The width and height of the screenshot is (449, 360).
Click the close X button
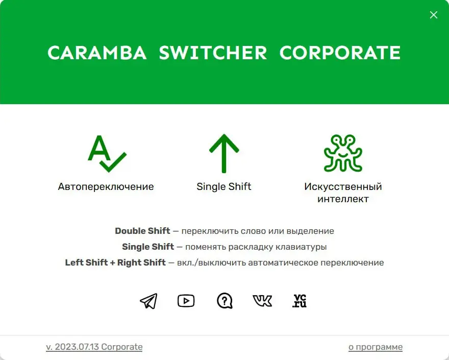click(x=434, y=15)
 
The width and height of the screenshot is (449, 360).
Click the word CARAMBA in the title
click(x=97, y=53)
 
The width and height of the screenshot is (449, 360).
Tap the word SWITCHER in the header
click(x=213, y=53)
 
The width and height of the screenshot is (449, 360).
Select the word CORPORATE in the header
click(x=340, y=53)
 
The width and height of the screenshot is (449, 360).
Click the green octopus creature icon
click(x=343, y=153)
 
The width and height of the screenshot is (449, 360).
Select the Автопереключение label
click(x=106, y=186)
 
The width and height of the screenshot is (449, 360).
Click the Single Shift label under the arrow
click(x=224, y=186)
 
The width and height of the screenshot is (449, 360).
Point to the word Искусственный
click(x=343, y=186)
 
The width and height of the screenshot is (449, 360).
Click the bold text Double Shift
click(x=142, y=231)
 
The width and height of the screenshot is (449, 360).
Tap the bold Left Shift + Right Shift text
click(x=115, y=262)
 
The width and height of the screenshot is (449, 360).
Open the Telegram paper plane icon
click(x=148, y=301)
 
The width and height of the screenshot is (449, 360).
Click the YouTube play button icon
click(x=186, y=301)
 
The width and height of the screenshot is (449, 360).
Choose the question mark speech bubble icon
click(x=224, y=301)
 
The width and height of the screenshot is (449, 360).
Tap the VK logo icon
click(x=262, y=301)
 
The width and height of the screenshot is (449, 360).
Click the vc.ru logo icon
click(x=300, y=301)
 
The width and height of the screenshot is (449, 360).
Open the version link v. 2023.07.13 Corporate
click(x=94, y=347)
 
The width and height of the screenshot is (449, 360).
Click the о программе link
click(x=376, y=347)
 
